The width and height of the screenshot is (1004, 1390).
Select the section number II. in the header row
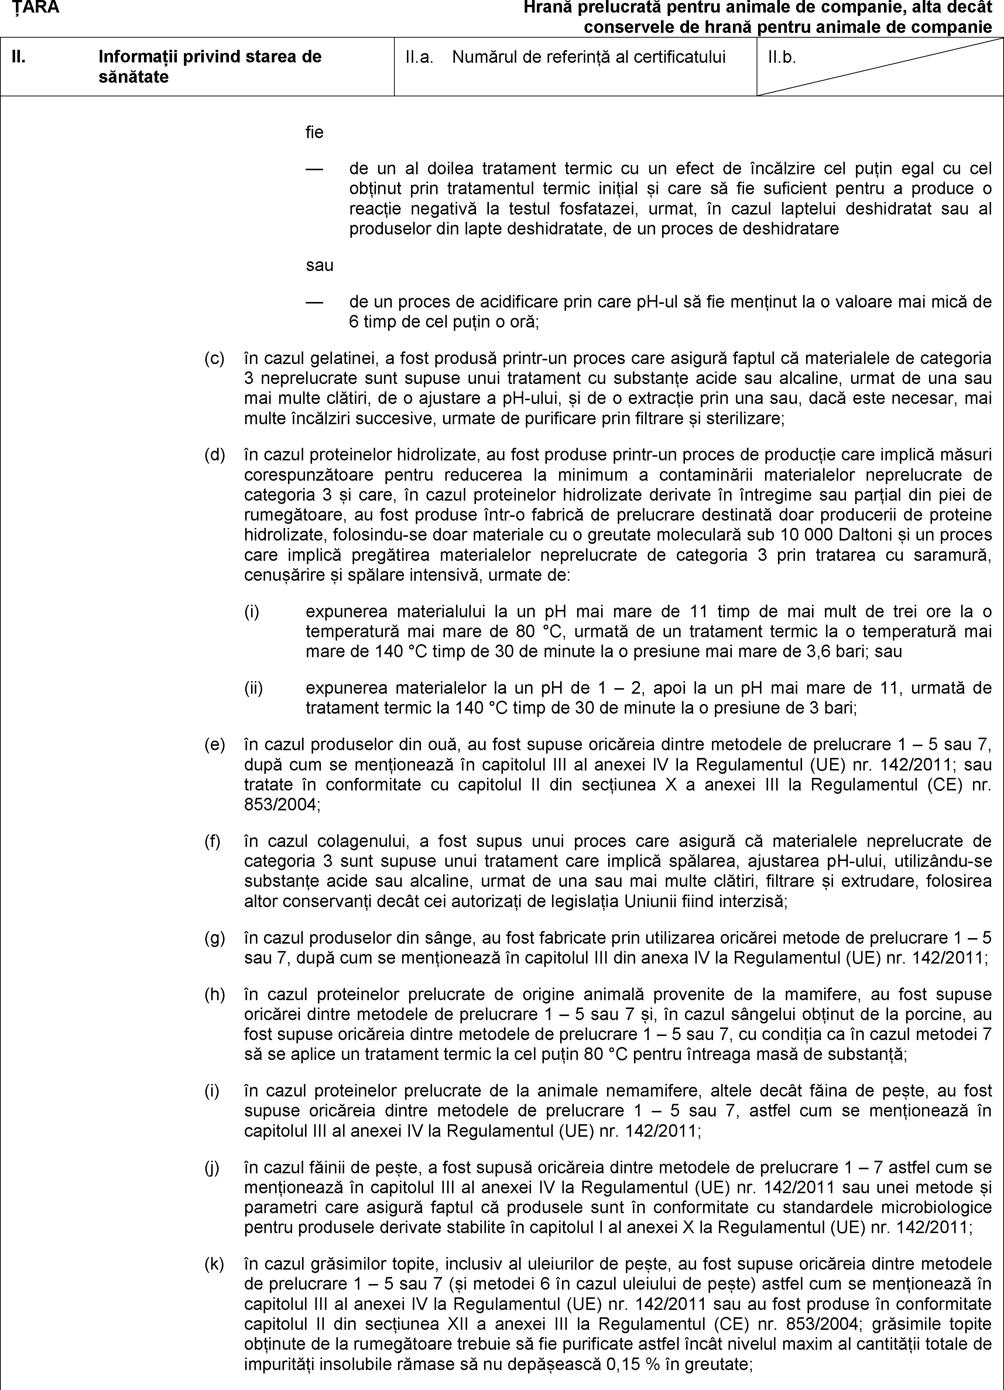coord(20,57)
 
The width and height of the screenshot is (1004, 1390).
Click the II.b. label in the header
coord(781,57)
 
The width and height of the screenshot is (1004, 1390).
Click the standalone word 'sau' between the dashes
coord(319,266)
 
